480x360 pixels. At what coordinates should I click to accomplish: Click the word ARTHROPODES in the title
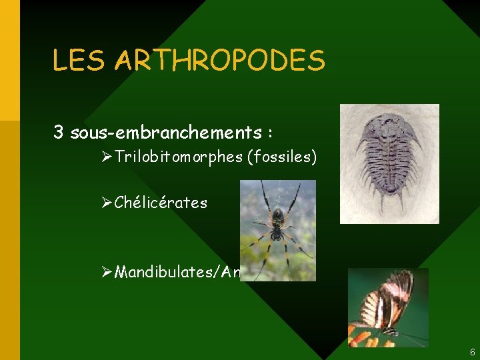220,60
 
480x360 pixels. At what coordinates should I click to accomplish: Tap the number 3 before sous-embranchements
59,132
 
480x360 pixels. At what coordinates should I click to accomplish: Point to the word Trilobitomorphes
177,158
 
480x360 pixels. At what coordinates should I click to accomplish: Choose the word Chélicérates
161,202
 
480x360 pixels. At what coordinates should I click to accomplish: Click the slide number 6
472,351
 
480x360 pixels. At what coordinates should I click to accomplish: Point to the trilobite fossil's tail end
391,200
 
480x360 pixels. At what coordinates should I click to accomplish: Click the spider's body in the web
277,219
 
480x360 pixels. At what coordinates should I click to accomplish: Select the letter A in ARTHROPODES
125,60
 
